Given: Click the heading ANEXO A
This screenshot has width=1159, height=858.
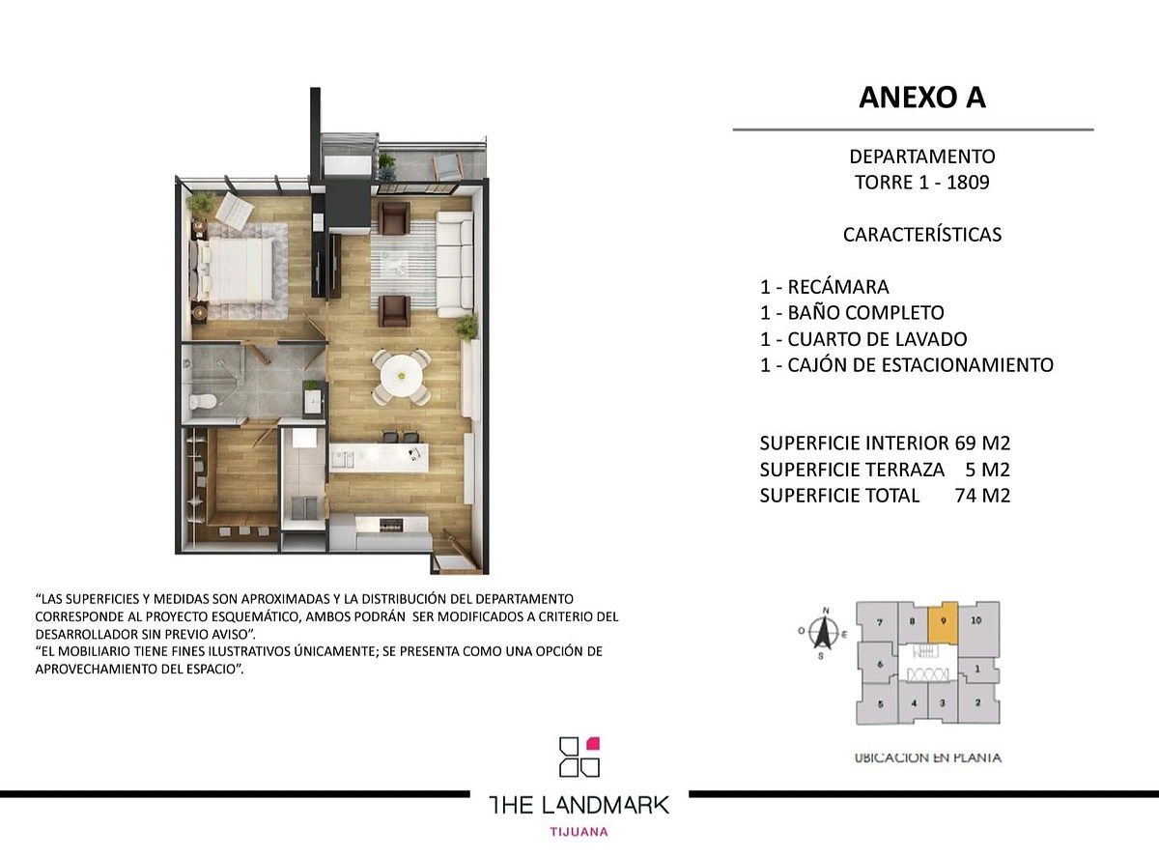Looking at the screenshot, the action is pos(921,98).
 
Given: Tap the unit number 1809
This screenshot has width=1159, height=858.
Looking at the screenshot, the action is pos(968,183).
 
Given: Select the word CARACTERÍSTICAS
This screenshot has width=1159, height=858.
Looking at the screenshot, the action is pos(922,235).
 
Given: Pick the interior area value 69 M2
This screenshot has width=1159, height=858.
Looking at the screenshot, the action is pos(982,443).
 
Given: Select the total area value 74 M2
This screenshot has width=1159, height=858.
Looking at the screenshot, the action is pos(982,496).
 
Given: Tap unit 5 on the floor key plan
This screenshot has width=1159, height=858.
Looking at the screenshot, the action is pos(880,703).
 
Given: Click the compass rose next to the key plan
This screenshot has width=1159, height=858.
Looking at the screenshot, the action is pos(824,632).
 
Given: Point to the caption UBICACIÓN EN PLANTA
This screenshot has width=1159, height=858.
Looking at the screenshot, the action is pos(927,758).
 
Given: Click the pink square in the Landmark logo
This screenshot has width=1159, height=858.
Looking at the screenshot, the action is pos(593,743).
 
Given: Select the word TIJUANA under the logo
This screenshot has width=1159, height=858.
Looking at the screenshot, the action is pos(579,832).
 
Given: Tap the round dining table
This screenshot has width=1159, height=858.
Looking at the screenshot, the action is pos(402,375).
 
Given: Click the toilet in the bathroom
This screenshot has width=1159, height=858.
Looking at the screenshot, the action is pos(202,402).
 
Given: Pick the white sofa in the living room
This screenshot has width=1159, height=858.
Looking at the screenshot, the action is pos(455,264).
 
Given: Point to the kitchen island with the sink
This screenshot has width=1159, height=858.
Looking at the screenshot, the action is pos(379,458).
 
